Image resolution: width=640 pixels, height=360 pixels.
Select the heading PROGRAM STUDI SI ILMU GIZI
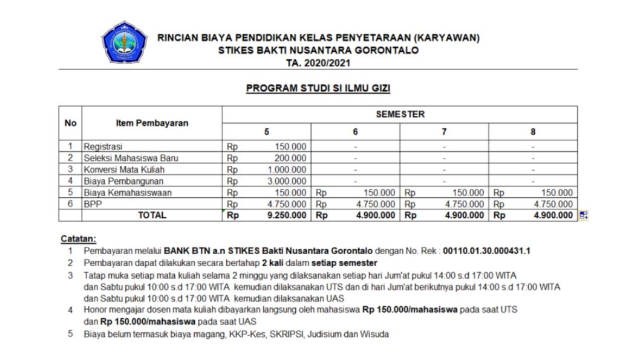tap(318, 89)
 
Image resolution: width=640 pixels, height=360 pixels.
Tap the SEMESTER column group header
tap(400, 114)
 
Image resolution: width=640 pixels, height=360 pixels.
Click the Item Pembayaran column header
tap(152, 123)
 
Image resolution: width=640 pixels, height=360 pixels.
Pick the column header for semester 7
tap(444, 132)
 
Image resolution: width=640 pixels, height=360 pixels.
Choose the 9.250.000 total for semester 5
tap(287, 215)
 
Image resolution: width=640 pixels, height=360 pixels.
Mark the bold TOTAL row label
tap(152, 215)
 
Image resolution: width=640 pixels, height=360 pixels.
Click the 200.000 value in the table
tap(291, 158)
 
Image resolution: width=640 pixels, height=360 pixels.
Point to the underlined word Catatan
tap(79, 238)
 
